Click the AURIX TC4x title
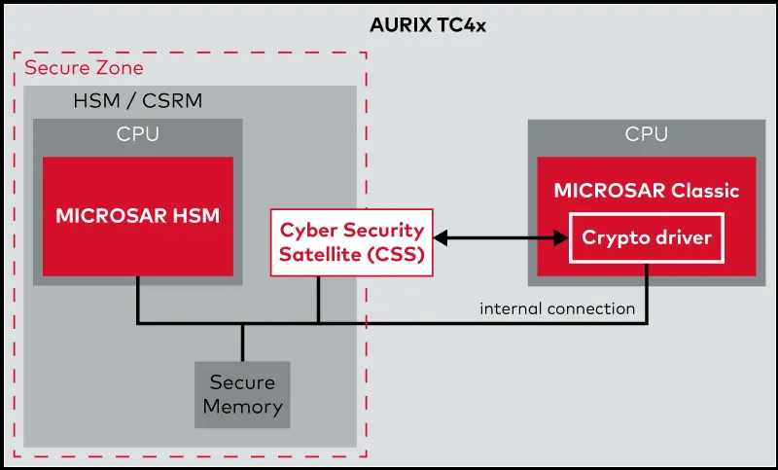point(427,25)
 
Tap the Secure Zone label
point(84,68)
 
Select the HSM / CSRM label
point(138,100)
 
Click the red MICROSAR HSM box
point(137,215)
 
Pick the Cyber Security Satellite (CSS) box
point(352,241)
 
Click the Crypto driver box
point(647,237)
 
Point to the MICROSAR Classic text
point(647,190)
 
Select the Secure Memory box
point(242,394)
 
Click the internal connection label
point(557,308)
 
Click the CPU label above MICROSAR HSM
point(137,134)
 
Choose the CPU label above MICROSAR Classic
point(647,134)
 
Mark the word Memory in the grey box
point(242,406)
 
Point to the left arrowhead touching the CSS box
point(441,236)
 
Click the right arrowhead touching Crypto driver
point(561,236)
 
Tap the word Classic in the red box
point(705,190)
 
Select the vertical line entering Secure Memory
point(242,343)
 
